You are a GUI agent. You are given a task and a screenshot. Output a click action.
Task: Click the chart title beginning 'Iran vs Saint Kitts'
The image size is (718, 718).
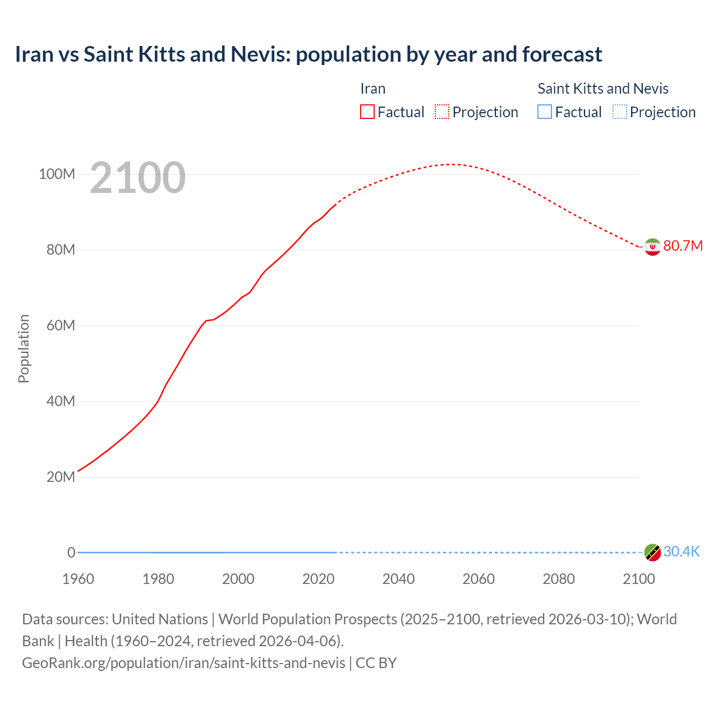[x=309, y=54]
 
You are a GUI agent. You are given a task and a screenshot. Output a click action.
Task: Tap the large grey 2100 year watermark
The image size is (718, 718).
[x=137, y=178]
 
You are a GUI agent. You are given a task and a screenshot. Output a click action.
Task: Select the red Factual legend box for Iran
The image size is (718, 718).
[x=367, y=112]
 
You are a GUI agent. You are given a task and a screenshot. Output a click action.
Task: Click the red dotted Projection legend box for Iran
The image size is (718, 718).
[x=442, y=112]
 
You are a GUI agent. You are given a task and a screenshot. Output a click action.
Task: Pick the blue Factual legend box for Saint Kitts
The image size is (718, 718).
[x=545, y=112]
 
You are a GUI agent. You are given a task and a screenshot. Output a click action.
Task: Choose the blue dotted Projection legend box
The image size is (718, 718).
[x=619, y=112]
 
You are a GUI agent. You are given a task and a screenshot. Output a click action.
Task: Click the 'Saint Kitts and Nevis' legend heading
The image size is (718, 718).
[x=603, y=89]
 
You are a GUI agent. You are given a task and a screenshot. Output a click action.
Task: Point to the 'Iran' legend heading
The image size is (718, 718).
[x=372, y=89]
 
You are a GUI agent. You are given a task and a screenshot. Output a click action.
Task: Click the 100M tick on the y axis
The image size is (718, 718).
[x=57, y=174]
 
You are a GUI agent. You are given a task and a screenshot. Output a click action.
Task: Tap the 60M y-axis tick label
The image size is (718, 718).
[x=60, y=326]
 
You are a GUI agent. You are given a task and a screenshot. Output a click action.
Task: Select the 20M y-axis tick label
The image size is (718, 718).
[x=61, y=477]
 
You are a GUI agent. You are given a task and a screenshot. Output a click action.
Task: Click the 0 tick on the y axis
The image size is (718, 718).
[x=71, y=553]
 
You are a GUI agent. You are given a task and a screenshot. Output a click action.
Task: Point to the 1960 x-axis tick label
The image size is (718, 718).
[x=78, y=579]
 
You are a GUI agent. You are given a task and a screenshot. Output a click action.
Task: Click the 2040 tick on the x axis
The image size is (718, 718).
[x=398, y=579]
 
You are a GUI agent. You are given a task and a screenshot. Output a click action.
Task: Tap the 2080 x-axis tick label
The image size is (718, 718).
[x=559, y=579]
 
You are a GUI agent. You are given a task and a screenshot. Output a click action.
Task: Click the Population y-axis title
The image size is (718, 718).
[x=24, y=349]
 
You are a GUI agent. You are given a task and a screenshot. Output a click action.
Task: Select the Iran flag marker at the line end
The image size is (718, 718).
[x=652, y=247]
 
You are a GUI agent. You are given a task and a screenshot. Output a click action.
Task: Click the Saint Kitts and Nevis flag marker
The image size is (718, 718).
[x=652, y=553]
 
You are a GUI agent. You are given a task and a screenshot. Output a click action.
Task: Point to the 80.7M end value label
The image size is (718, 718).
[x=683, y=246]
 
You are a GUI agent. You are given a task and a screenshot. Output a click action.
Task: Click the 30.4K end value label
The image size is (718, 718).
[x=682, y=552]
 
